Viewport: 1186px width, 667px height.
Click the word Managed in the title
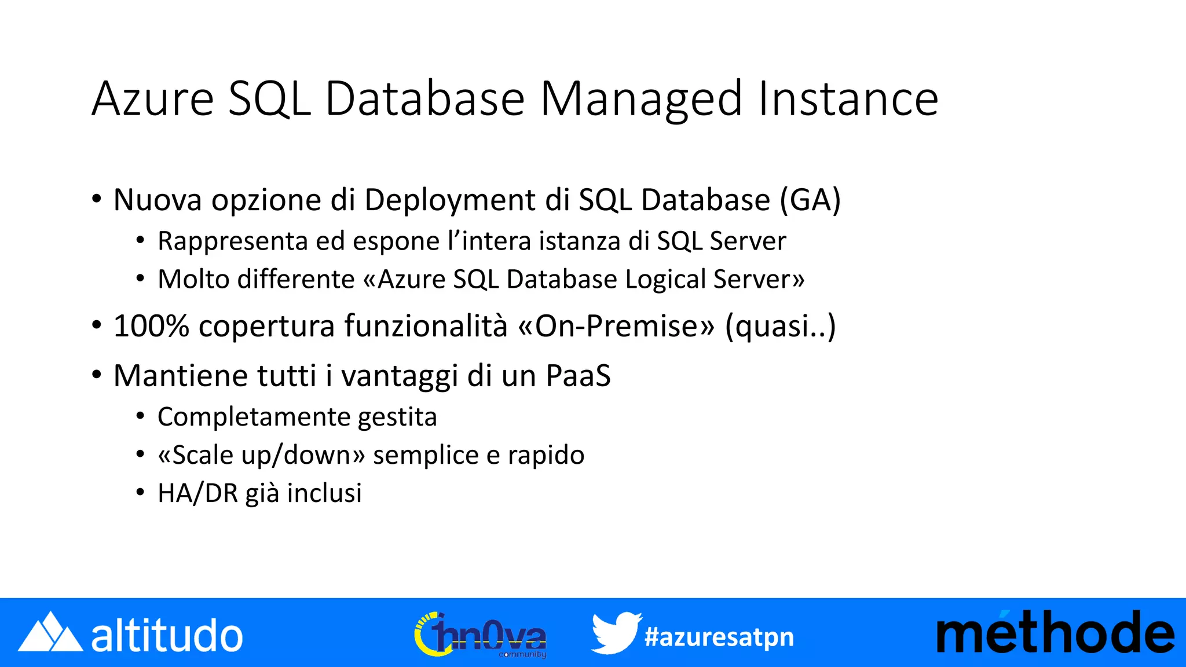point(641,100)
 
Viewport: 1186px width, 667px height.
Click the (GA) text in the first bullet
point(810,200)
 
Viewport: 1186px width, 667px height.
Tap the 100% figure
point(151,325)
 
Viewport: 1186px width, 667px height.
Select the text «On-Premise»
point(617,325)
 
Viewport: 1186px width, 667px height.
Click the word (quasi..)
point(780,325)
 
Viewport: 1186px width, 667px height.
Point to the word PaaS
point(578,376)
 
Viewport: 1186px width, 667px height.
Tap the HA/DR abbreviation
point(197,493)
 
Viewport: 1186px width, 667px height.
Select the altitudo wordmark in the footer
point(167,636)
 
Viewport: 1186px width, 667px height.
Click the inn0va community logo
point(480,635)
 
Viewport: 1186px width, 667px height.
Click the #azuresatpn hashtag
point(719,637)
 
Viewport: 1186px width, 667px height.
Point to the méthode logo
point(1055,633)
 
